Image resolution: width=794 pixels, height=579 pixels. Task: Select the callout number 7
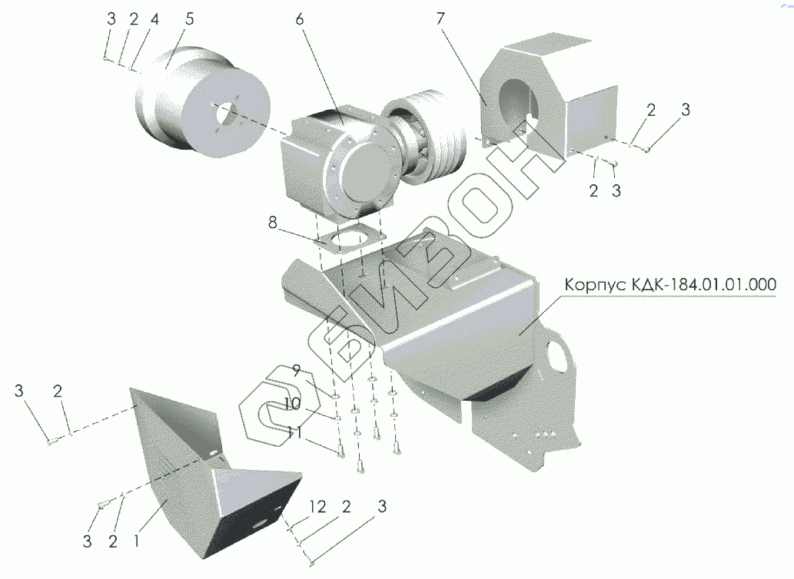(x=440, y=19)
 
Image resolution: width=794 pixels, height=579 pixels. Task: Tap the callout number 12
(x=317, y=507)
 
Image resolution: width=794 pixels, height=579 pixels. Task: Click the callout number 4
(x=154, y=21)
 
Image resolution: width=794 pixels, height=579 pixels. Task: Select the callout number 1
(x=136, y=541)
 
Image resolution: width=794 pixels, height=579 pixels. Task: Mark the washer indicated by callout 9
(x=336, y=396)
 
